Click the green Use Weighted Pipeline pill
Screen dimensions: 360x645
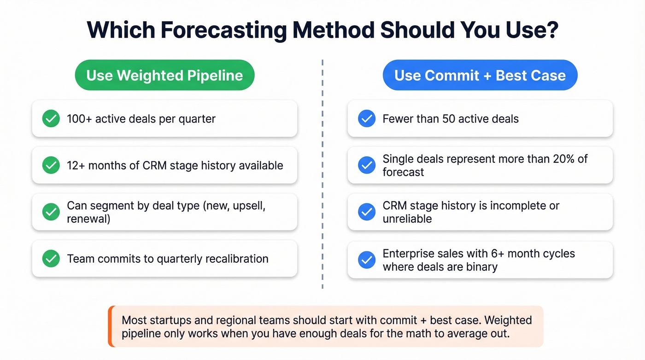click(164, 75)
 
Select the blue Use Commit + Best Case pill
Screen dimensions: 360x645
click(480, 75)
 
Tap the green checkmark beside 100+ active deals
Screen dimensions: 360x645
click(51, 119)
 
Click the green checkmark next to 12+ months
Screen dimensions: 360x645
click(51, 165)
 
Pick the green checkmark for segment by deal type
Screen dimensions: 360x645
click(51, 212)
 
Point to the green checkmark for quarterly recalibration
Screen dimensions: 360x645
click(51, 259)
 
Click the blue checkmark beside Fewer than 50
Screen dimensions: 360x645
click(367, 119)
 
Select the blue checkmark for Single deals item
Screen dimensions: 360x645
click(367, 165)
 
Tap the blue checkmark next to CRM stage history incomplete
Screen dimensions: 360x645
click(367, 212)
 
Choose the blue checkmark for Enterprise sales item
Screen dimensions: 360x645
click(367, 260)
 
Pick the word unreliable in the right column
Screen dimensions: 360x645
click(407, 219)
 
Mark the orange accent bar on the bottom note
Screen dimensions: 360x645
click(110, 326)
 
